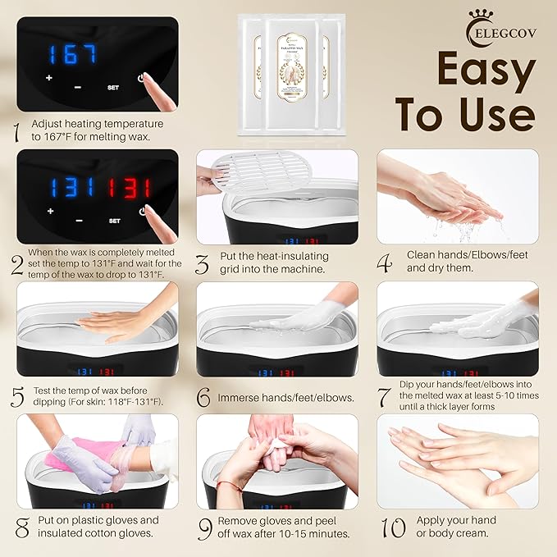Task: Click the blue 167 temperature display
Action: [x=71, y=55]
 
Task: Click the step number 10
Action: [x=394, y=527]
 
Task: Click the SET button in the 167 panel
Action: [x=113, y=87]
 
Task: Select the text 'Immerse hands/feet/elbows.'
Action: [x=286, y=397]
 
